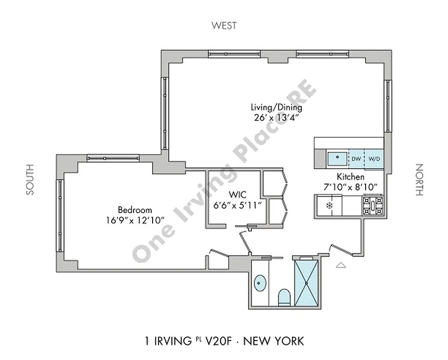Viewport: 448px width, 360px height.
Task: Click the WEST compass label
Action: click(224, 26)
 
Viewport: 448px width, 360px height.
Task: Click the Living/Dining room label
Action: click(276, 108)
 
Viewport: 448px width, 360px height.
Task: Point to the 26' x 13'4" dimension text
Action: click(276, 117)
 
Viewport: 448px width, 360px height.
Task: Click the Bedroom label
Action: click(135, 210)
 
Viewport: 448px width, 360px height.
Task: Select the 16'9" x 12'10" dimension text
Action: click(135, 220)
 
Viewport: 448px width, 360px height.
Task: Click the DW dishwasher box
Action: click(356, 158)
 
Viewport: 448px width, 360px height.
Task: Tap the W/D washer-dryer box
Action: click(374, 158)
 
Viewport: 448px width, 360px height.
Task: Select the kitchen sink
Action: click(337, 158)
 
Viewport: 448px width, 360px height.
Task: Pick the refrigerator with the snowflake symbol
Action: click(329, 206)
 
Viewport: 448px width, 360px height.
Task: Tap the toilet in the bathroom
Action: click(284, 297)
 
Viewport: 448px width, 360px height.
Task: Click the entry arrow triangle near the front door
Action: click(341, 265)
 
